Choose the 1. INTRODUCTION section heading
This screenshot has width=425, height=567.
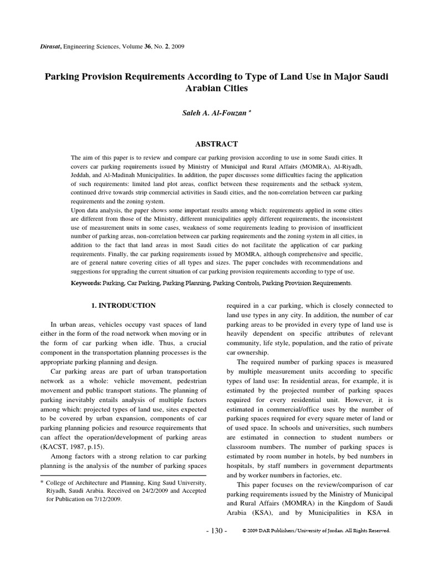[x=123, y=306]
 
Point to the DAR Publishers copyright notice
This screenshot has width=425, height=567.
[x=317, y=530]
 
